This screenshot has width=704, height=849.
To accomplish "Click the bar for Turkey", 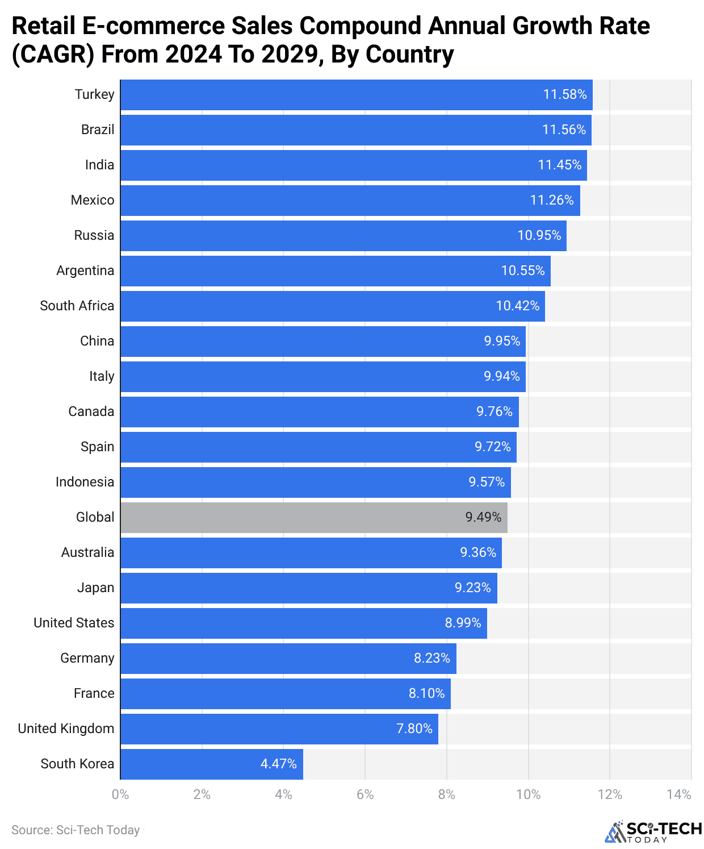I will tap(356, 95).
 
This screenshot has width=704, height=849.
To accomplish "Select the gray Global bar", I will tap(313, 518).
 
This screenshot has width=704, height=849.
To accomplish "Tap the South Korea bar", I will tap(211, 764).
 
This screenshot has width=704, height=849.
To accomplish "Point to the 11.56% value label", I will tap(564, 130).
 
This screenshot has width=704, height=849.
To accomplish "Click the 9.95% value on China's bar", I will tap(502, 342).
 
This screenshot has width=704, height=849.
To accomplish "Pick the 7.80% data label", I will tap(414, 729).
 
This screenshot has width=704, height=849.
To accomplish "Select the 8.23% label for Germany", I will tap(432, 659).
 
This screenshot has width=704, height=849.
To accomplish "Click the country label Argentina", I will tap(85, 271).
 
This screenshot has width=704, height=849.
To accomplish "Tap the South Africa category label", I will tap(77, 306).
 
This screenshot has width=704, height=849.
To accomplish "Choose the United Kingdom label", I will tap(66, 729).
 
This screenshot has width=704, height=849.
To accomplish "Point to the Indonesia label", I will tap(85, 482).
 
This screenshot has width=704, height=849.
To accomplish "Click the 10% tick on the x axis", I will tap(528, 794).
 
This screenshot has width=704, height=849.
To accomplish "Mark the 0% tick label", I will tap(120, 794).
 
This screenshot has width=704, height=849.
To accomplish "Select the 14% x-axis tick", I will tap(679, 794).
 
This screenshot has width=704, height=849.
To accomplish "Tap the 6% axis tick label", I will tap(365, 794).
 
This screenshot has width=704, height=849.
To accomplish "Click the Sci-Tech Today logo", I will tap(653, 832).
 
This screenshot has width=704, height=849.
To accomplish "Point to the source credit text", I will tap(76, 830).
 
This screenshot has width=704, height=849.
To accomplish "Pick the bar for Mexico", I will tap(350, 201).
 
